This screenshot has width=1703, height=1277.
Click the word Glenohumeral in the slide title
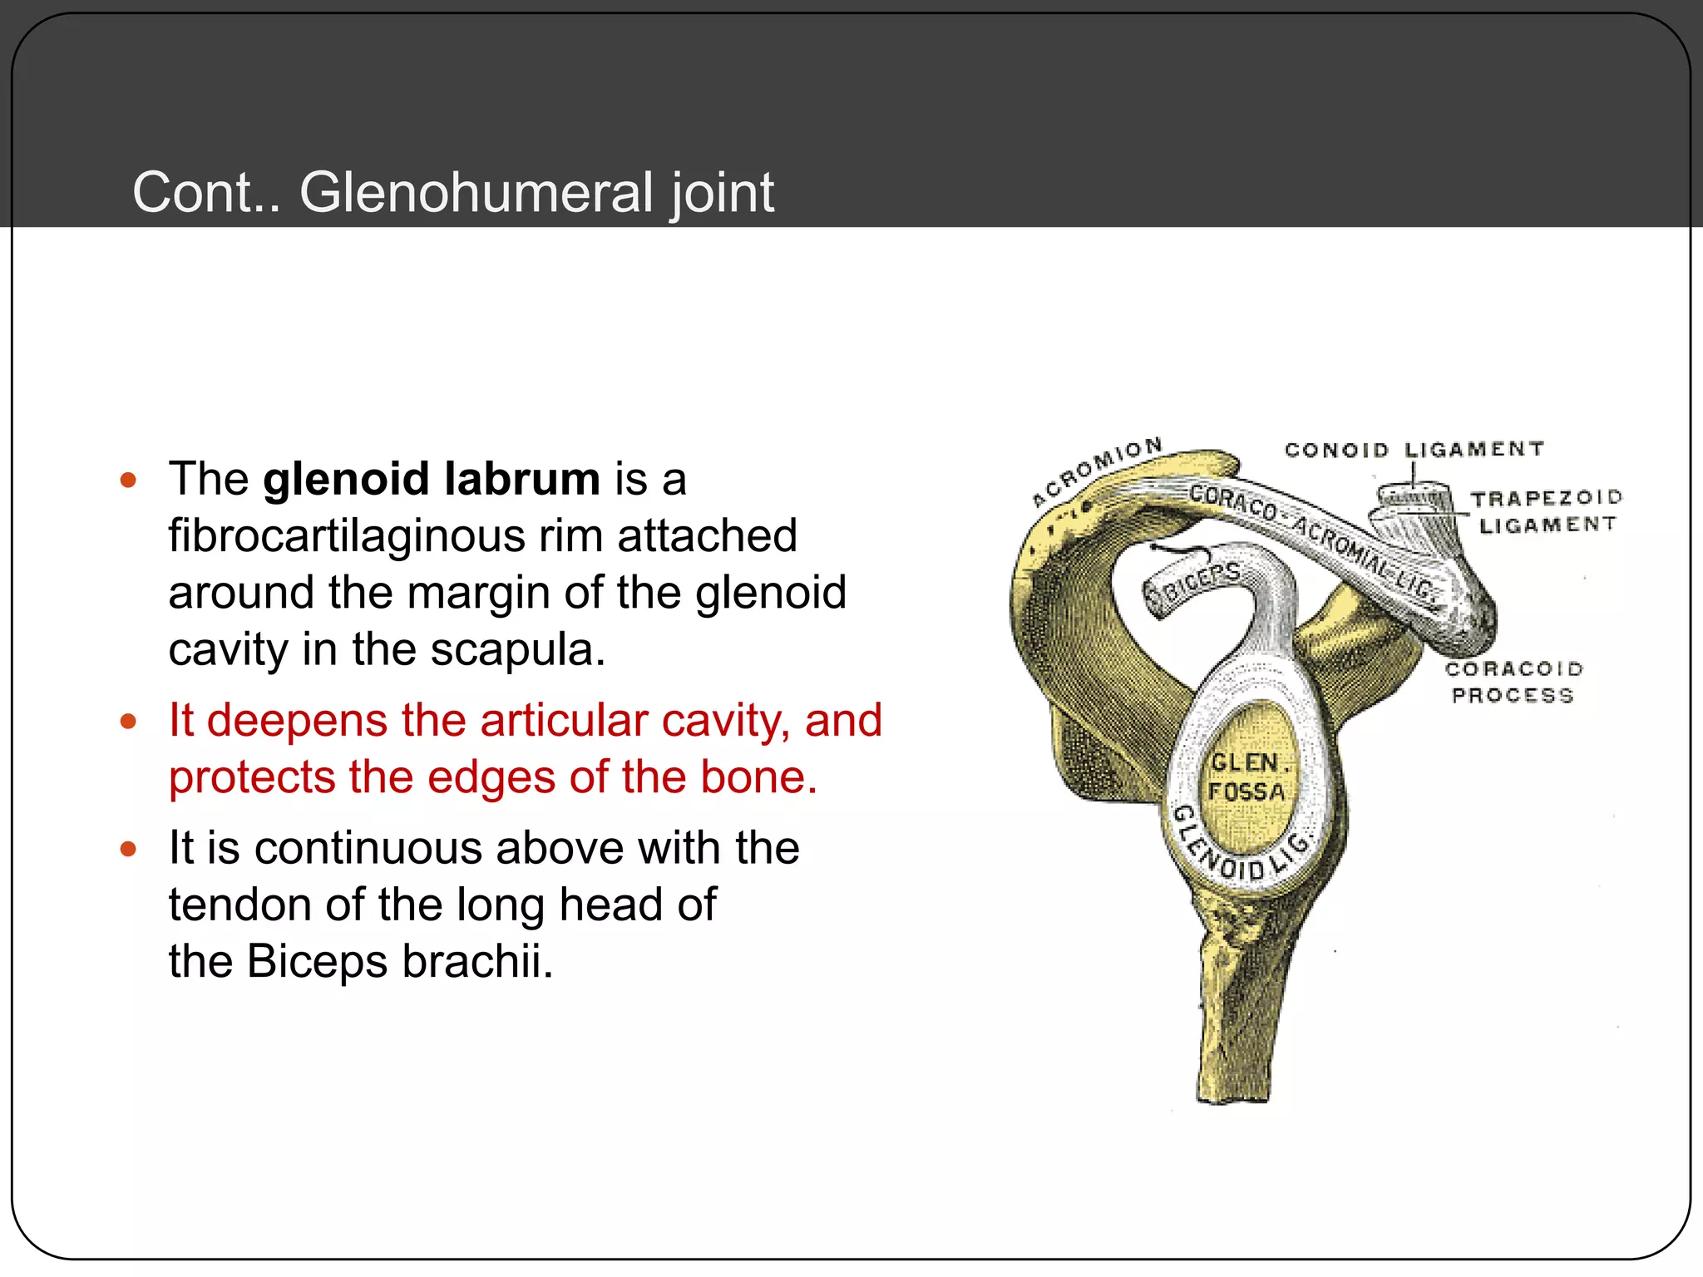click(476, 193)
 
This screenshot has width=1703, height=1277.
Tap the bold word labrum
click(521, 480)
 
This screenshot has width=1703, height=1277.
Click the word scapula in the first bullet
click(517, 649)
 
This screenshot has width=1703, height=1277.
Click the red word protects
click(251, 777)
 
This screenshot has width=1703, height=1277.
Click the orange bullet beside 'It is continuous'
click(128, 849)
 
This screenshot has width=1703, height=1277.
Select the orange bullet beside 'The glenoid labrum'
click(128, 480)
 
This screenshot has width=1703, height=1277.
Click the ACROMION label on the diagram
click(1096, 471)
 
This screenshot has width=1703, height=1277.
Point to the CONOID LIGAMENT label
click(1414, 450)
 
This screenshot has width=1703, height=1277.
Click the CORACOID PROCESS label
click(1513, 682)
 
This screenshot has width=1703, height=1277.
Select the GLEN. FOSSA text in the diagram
click(1246, 777)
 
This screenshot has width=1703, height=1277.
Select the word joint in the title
click(722, 193)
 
